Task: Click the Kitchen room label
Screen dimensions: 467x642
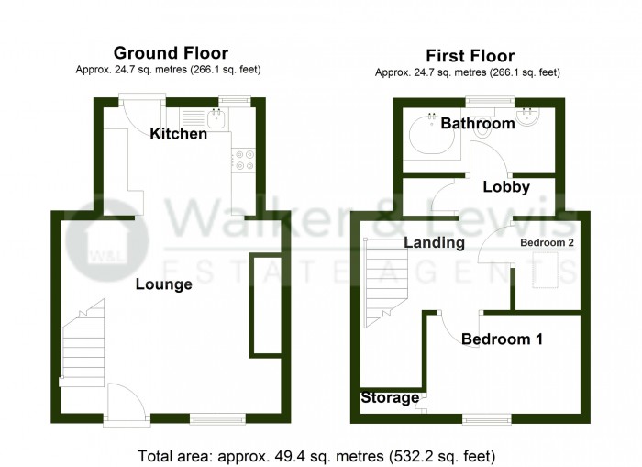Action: [179, 134]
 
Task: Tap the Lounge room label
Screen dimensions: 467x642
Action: [164, 284]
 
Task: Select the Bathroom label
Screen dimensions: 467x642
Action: [477, 124]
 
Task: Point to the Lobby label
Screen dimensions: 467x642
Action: [506, 187]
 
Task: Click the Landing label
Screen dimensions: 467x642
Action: [434, 243]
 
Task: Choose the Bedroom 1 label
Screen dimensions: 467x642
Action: [502, 339]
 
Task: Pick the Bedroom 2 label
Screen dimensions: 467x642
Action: [547, 243]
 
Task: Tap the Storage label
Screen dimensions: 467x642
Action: [390, 398]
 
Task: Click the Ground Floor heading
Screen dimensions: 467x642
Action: [170, 53]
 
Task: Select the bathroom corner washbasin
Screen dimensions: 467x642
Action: [529, 117]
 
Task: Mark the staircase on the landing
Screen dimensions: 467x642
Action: [384, 280]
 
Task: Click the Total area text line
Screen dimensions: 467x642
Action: [316, 455]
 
